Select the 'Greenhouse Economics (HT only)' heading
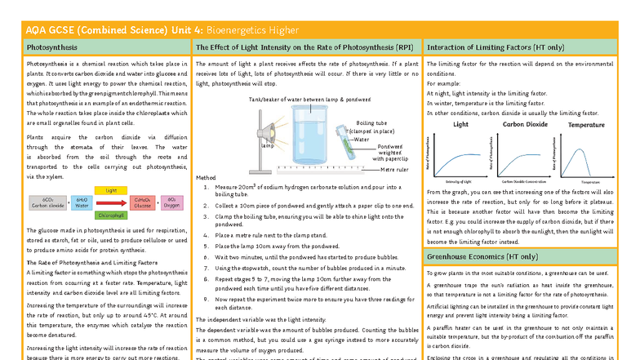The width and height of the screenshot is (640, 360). click(482, 256)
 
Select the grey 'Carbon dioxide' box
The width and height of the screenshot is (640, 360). click(47, 202)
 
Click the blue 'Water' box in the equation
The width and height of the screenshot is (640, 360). click(82, 202)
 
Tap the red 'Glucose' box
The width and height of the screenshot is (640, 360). click(143, 202)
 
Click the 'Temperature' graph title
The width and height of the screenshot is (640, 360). click(586, 125)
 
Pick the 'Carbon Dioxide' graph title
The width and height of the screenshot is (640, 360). click(524, 125)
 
